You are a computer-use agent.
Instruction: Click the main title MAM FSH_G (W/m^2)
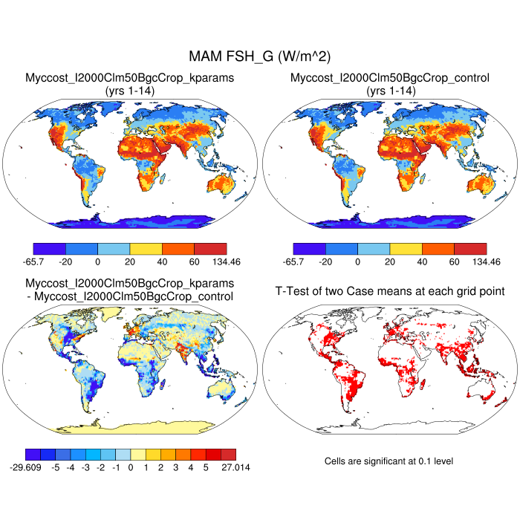tap(260, 56)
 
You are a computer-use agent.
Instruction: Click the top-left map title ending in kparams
tap(130, 77)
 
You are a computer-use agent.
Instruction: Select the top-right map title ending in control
tap(389, 77)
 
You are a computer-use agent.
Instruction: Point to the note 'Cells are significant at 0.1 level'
tap(389, 461)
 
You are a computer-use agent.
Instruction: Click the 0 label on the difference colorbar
tap(130, 469)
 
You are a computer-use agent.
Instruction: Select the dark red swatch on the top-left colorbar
tap(210, 249)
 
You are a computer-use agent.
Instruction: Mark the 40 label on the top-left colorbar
tap(162, 262)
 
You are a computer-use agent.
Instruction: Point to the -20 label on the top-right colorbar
tap(325, 262)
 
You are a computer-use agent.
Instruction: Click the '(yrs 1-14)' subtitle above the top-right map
tap(389, 90)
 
